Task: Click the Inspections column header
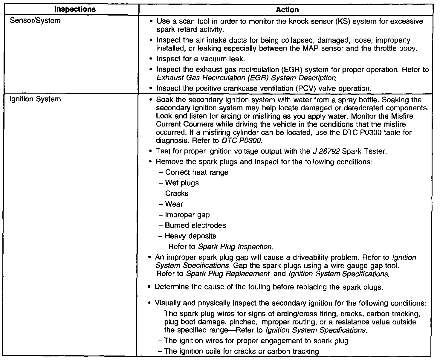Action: click(75, 9)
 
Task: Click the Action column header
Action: click(287, 10)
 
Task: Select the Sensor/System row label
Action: click(35, 21)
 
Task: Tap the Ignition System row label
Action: click(35, 99)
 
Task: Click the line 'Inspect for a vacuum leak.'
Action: click(201, 59)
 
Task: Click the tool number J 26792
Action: click(325, 151)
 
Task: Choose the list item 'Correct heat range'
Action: click(197, 173)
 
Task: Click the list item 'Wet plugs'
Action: click(182, 183)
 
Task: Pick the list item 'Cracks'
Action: click(177, 193)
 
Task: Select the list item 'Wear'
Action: click(174, 204)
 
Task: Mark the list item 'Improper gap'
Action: click(187, 215)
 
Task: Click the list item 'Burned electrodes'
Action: click(195, 225)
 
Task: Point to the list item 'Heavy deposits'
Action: click(190, 236)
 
